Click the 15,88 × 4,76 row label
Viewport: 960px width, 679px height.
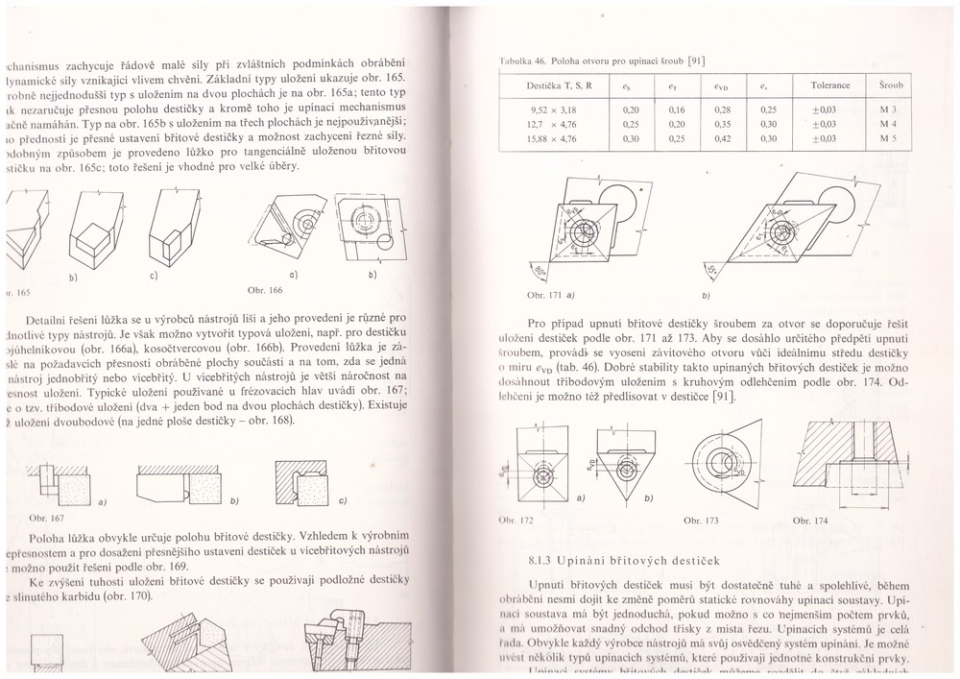pos(551,138)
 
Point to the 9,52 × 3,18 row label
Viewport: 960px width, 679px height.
pos(551,109)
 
